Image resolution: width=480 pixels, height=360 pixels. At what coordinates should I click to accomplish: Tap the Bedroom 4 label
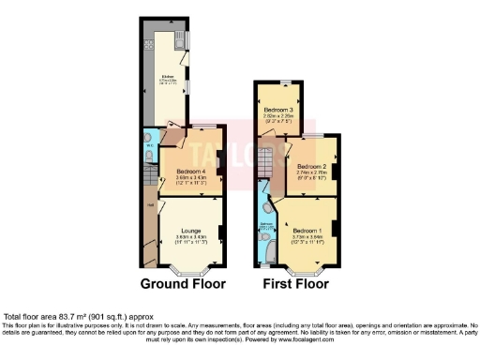coord(190,172)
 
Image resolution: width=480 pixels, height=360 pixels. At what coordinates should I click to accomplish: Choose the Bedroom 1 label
coord(307,230)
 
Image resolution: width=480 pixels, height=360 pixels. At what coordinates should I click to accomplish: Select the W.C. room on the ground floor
coord(150,147)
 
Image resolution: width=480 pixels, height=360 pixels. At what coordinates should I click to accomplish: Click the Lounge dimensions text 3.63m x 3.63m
coord(190,237)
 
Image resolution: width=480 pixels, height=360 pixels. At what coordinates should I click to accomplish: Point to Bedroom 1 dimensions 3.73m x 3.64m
coord(307,237)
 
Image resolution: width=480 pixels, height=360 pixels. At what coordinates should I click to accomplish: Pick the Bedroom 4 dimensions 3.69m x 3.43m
coord(190,179)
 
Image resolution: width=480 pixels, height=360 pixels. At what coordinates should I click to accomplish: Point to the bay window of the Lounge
coord(190,272)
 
